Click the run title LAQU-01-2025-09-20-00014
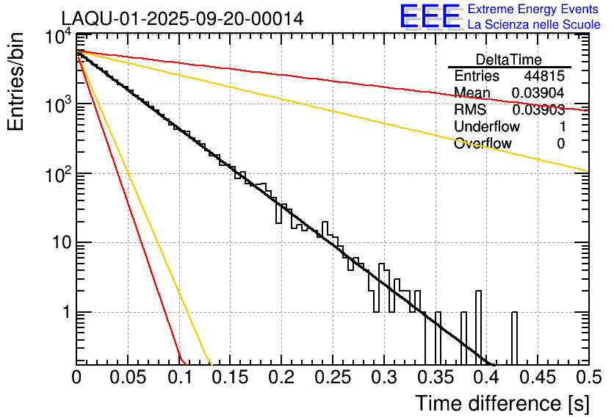182,19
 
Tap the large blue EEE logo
430,17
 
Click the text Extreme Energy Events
533,10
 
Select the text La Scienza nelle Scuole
533,24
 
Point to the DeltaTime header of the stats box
508,59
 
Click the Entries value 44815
544,76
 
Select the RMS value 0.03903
538,110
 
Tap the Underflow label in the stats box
486,127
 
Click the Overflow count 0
560,144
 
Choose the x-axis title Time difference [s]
501,403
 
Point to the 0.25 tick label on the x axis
332,377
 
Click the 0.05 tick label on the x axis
128,377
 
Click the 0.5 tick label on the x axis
588,377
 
